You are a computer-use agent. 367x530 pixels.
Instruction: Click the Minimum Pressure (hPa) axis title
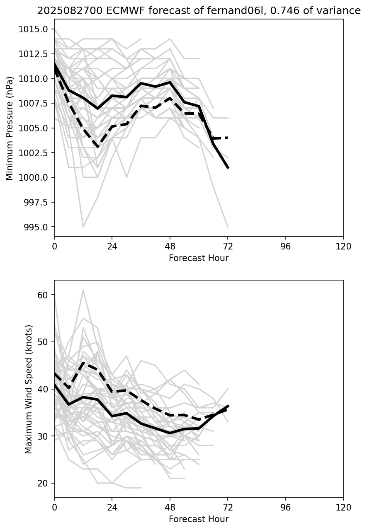[10, 128]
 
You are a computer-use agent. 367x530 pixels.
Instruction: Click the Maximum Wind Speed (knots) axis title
[29, 389]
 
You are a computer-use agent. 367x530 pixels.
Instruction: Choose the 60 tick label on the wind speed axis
[43, 295]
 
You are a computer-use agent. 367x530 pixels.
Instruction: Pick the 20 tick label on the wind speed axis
[43, 483]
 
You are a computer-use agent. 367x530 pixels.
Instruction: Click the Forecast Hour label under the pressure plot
[199, 258]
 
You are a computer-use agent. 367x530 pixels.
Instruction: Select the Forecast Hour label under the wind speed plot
[199, 519]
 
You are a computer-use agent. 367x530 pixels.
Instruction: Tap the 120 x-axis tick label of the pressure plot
[343, 247]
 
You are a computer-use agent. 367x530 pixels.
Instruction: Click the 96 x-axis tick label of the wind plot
[286, 508]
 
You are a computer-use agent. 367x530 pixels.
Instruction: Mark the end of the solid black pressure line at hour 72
[228, 168]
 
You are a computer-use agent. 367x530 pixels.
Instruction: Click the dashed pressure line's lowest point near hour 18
[97, 147]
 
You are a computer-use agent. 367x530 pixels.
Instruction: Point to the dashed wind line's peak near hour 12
[83, 363]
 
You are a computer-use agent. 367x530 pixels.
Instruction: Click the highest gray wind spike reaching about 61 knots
[83, 290]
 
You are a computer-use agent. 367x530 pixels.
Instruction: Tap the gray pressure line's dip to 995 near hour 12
[83, 227]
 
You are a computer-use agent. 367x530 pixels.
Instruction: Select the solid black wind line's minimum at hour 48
[170, 433]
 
